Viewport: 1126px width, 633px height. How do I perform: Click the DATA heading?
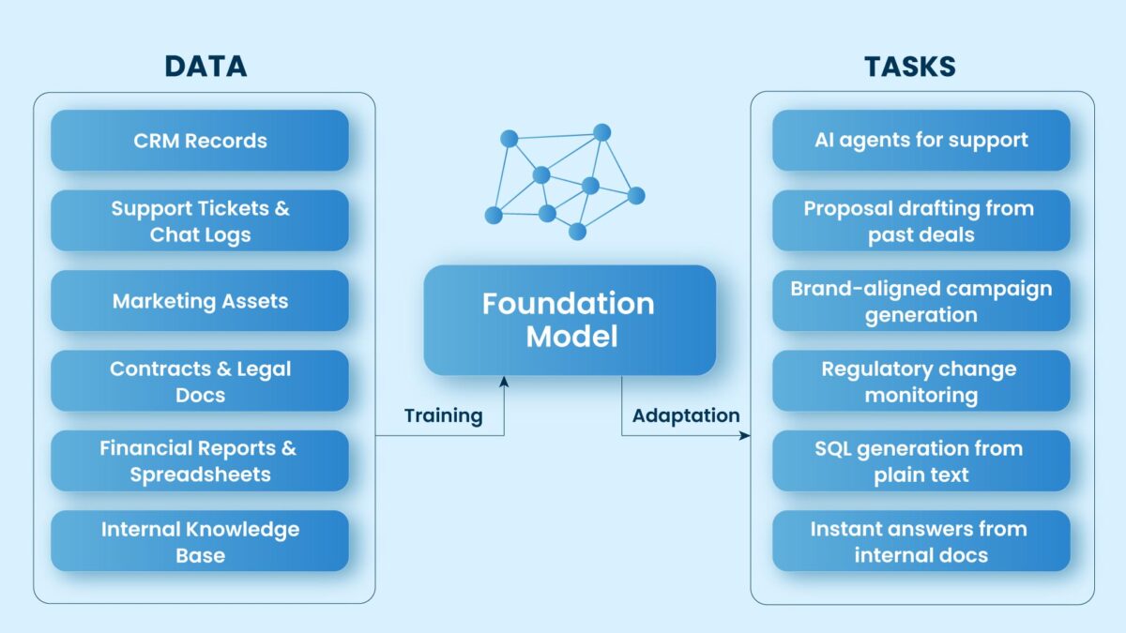point(205,67)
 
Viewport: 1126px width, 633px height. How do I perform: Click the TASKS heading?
point(909,67)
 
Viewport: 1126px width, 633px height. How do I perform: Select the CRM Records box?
point(200,141)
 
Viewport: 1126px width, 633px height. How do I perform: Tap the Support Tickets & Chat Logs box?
point(200,221)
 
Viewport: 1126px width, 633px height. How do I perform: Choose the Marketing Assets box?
point(200,301)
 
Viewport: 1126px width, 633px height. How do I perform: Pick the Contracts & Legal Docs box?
point(200,382)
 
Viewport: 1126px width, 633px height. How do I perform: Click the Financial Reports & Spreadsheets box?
point(200,461)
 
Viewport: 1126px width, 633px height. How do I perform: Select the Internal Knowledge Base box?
point(200,541)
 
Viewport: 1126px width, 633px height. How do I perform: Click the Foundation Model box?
point(569,320)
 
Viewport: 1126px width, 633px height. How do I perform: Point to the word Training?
point(443,415)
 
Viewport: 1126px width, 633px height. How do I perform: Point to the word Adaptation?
point(685,415)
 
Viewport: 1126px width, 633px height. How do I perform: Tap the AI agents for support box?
point(921,141)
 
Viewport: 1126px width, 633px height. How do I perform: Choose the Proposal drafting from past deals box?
point(921,221)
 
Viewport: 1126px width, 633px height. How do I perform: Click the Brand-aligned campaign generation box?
point(921,301)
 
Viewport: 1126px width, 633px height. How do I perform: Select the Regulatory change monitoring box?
point(921,382)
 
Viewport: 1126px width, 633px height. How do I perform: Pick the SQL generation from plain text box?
point(921,461)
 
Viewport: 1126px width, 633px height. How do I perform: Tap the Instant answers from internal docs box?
point(921,541)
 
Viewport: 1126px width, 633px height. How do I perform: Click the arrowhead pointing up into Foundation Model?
point(505,381)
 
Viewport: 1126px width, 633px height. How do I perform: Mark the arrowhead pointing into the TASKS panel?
point(745,435)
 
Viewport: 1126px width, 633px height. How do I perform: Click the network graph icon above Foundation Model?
point(564,182)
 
